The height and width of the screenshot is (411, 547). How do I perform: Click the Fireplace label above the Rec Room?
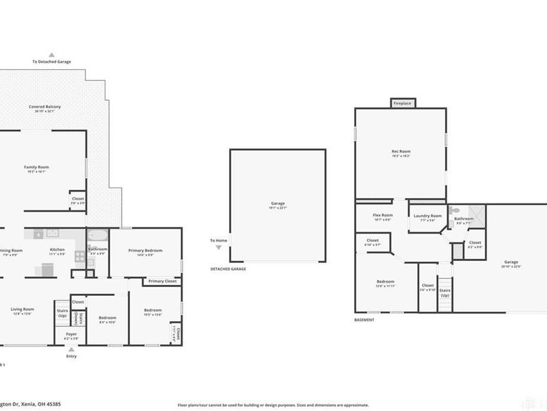[402, 103]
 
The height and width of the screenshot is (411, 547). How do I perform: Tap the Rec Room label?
[401, 152]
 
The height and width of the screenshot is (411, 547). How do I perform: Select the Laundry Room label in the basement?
[427, 216]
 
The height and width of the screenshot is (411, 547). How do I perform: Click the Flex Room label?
[382, 216]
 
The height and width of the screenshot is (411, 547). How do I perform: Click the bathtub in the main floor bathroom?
[97, 237]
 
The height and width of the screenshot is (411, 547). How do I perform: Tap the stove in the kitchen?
[80, 258]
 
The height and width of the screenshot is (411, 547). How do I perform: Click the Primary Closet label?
[162, 281]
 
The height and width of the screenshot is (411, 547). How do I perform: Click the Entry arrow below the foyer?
[71, 349]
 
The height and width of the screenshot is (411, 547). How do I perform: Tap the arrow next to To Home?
[218, 247]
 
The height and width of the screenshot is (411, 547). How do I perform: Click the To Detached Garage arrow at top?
[51, 55]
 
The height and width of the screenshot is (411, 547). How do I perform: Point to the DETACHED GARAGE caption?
[228, 269]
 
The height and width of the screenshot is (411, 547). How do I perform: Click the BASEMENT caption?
[364, 319]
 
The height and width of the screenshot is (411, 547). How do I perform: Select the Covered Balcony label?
[43, 107]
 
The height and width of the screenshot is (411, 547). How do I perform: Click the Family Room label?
[36, 166]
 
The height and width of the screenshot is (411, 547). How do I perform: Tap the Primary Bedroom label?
[146, 251]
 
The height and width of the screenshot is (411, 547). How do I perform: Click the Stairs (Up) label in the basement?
[445, 292]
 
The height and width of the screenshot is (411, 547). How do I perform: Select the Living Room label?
[23, 309]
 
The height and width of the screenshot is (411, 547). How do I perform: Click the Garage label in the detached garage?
[278, 203]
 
